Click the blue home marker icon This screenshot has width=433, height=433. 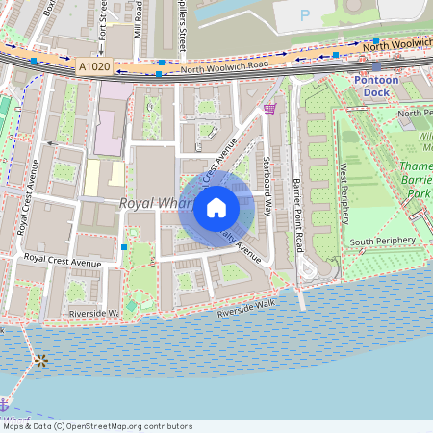[x=216, y=208]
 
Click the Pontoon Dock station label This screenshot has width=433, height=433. [x=376, y=86]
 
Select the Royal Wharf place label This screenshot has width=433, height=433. [x=154, y=204]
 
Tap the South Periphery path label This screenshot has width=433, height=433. [x=382, y=241]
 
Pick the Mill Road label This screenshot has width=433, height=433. [x=139, y=19]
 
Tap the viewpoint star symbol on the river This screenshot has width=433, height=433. [x=40, y=361]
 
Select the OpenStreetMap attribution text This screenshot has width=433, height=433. [x=96, y=426]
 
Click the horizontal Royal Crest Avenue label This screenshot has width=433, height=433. [x=63, y=260]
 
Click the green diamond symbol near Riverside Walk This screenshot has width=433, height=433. [x=131, y=305]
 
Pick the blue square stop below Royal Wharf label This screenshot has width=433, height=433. [x=124, y=247]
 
